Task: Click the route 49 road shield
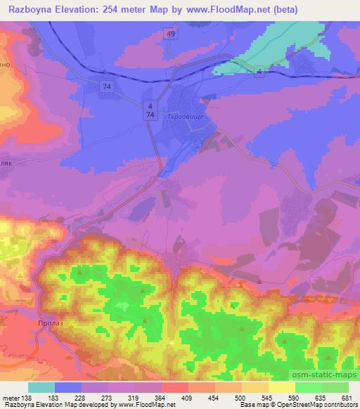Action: pyautogui.click(x=171, y=33)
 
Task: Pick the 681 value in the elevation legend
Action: pyautogui.click(x=345, y=398)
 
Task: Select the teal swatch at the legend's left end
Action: pyautogui.click(x=41, y=387)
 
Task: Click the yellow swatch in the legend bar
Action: pyautogui.click(x=282, y=387)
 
